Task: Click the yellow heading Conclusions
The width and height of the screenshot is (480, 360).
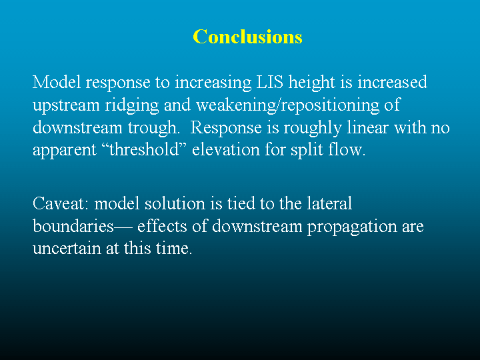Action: [x=247, y=37]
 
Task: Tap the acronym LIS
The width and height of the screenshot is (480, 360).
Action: [x=270, y=82]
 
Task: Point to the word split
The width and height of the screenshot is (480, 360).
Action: [x=307, y=151]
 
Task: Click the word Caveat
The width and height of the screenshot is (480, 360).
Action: [x=61, y=203]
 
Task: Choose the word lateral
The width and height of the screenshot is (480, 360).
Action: [x=329, y=203]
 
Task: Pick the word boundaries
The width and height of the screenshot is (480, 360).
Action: [x=73, y=226]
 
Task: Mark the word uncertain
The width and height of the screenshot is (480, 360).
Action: [x=67, y=249]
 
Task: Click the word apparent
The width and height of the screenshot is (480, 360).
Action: [x=65, y=151]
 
